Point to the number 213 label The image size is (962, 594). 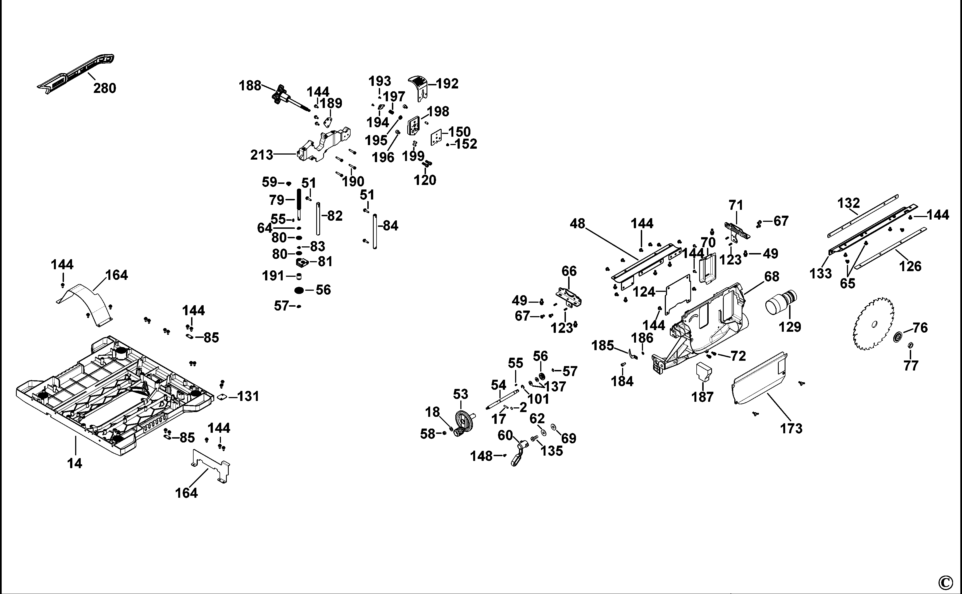pos(261,155)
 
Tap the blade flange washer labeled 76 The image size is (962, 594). pos(899,337)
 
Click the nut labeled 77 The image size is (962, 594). pos(910,345)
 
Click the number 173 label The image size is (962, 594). pos(791,429)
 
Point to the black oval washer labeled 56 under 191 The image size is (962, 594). pos(299,291)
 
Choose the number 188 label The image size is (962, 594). pos(250,85)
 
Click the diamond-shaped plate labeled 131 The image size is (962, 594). pos(222,397)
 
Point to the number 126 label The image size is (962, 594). pos(910,266)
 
